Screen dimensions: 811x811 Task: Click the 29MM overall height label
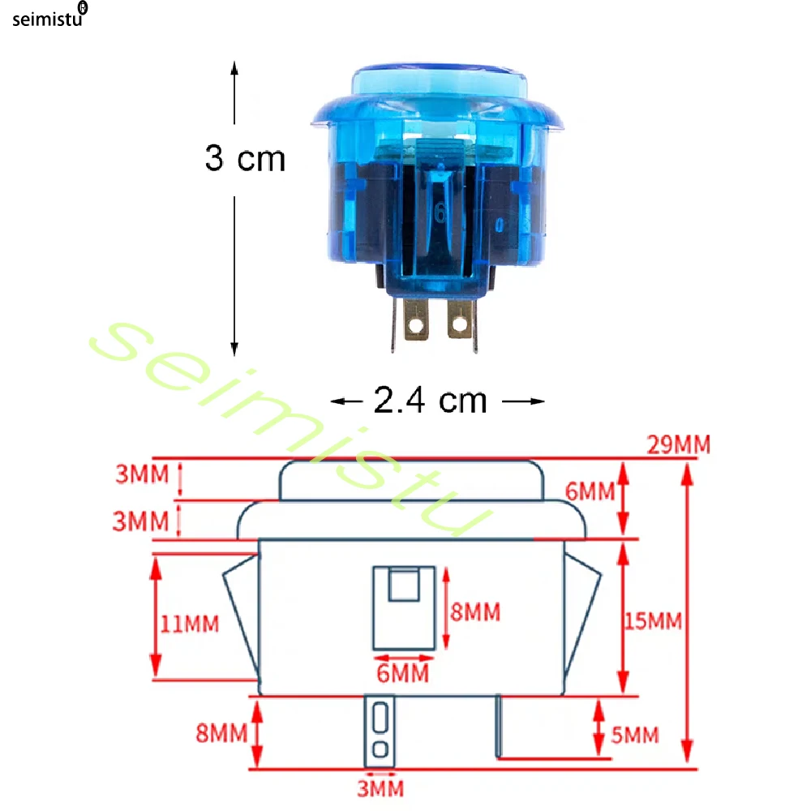pyautogui.click(x=679, y=444)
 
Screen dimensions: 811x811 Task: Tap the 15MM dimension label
pyautogui.click(x=653, y=621)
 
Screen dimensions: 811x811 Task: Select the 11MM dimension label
pyautogui.click(x=189, y=624)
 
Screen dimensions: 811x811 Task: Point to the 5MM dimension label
pyautogui.click(x=635, y=735)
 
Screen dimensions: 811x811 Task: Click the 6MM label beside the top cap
pyautogui.click(x=590, y=491)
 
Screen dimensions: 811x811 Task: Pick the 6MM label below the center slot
pyautogui.click(x=402, y=673)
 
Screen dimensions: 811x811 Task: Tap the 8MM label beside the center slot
pyautogui.click(x=475, y=611)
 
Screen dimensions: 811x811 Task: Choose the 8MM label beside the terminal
pyautogui.click(x=221, y=733)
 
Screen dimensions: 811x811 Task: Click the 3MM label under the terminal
pyautogui.click(x=380, y=789)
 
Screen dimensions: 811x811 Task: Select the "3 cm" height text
pyautogui.click(x=245, y=158)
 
